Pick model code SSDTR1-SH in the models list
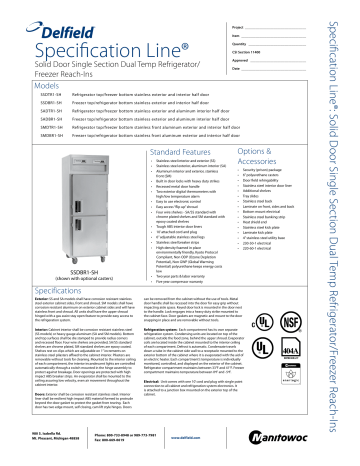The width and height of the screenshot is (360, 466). [42, 85]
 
